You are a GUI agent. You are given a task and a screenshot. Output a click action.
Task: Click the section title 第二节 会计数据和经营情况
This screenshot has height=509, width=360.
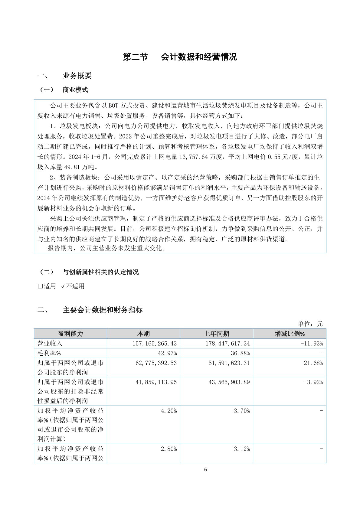pos(180,57)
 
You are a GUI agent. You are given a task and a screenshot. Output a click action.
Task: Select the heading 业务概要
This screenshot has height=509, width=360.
pos(77,76)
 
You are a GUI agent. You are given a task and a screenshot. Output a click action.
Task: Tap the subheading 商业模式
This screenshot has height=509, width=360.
pos(75,90)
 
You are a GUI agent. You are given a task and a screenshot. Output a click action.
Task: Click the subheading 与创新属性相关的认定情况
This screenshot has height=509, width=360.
pos(100,272)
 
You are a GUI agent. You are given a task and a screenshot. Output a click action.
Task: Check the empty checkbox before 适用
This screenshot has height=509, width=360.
pos(40,286)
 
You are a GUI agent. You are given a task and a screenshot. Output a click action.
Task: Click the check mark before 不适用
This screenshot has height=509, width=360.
pos(63,286)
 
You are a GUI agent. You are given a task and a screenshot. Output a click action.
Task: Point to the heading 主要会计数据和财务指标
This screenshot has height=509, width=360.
pos(102,310)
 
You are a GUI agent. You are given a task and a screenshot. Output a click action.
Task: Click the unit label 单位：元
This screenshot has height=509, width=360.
pos(310,324)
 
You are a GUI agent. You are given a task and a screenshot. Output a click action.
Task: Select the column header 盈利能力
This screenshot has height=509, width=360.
pos(70,334)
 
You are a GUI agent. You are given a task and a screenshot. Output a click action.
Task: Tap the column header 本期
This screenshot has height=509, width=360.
pos(143,334)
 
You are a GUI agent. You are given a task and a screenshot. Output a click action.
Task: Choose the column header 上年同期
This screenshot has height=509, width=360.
pos(216,334)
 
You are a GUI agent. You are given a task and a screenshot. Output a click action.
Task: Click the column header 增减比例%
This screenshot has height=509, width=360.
pos(290,334)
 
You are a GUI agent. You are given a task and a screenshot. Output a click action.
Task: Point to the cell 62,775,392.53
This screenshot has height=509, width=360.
pos(156,363)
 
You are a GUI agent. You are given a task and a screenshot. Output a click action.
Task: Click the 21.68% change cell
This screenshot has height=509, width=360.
pos(313,363)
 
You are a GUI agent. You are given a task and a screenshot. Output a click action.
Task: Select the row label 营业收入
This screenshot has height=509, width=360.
pos(50,344)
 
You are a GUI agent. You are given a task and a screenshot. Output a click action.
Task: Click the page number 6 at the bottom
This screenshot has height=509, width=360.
pos(206,470)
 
